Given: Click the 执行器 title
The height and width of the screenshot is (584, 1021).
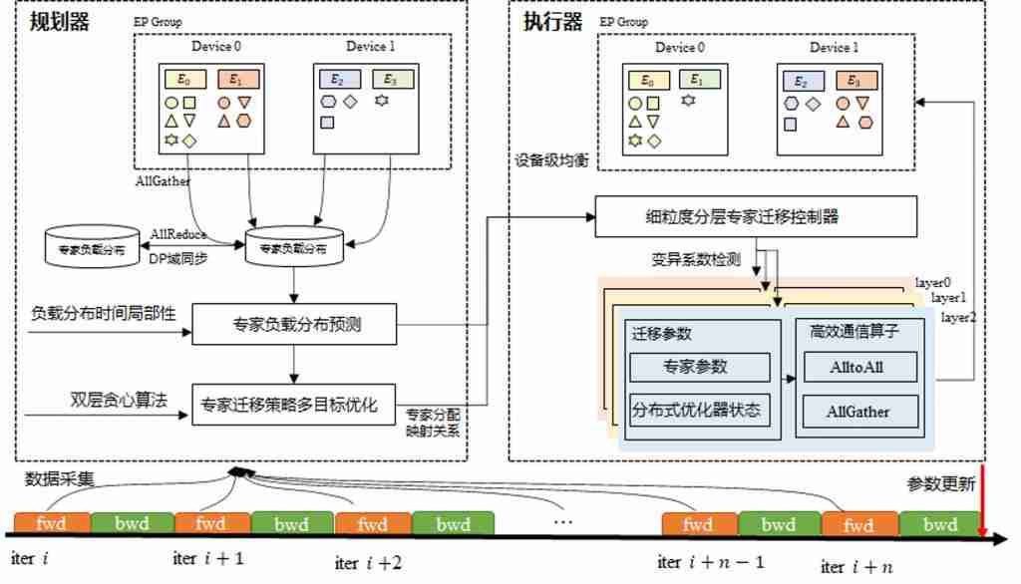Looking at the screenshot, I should tap(552, 21).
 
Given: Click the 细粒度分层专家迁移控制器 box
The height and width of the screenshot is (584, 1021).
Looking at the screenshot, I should tap(755, 216).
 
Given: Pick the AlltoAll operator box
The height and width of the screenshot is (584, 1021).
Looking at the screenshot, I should tap(857, 367).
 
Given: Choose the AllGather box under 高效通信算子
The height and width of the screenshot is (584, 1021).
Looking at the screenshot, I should tap(857, 410).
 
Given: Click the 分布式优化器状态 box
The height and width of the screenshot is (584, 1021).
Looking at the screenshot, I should tap(699, 410).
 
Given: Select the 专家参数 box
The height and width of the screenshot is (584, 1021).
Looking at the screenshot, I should tap(699, 367).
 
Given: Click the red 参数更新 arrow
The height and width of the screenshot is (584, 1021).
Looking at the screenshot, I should tap(983, 503).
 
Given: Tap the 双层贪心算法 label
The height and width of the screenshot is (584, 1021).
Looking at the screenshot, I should tap(119, 401).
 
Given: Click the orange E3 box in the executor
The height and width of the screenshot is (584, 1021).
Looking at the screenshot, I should tap(852, 81).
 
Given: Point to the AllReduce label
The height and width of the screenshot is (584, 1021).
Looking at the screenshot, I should tap(178, 234).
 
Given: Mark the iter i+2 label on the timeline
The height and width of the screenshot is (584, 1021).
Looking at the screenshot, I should tap(368, 563).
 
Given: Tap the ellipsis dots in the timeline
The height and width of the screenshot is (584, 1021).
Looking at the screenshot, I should tap(563, 520).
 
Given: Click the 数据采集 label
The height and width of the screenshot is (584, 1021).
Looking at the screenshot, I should tap(60, 479).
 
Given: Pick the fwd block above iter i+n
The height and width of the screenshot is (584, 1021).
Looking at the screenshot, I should tap(858, 524).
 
